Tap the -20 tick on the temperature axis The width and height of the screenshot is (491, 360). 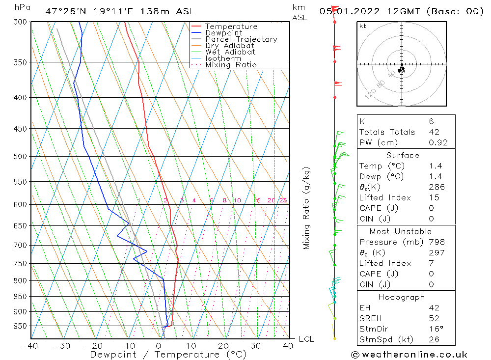click(x=95, y=346)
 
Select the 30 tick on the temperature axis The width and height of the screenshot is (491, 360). click(x=256, y=346)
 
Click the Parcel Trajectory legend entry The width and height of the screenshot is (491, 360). click(x=241, y=39)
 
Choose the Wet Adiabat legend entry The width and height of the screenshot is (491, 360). click(x=230, y=52)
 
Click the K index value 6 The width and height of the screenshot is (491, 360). click(x=431, y=121)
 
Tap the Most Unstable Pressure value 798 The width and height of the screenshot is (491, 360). click(x=436, y=242)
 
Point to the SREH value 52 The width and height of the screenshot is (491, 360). click(x=434, y=318)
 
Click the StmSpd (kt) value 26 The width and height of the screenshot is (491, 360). click(x=434, y=339)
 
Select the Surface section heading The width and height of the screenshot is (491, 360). click(x=403, y=155)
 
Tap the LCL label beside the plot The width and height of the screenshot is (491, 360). click(x=306, y=339)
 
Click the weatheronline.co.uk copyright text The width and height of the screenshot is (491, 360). click(x=409, y=354)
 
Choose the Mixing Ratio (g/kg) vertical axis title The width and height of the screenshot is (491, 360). click(x=307, y=208)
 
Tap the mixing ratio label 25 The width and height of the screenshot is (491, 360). click(x=283, y=200)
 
